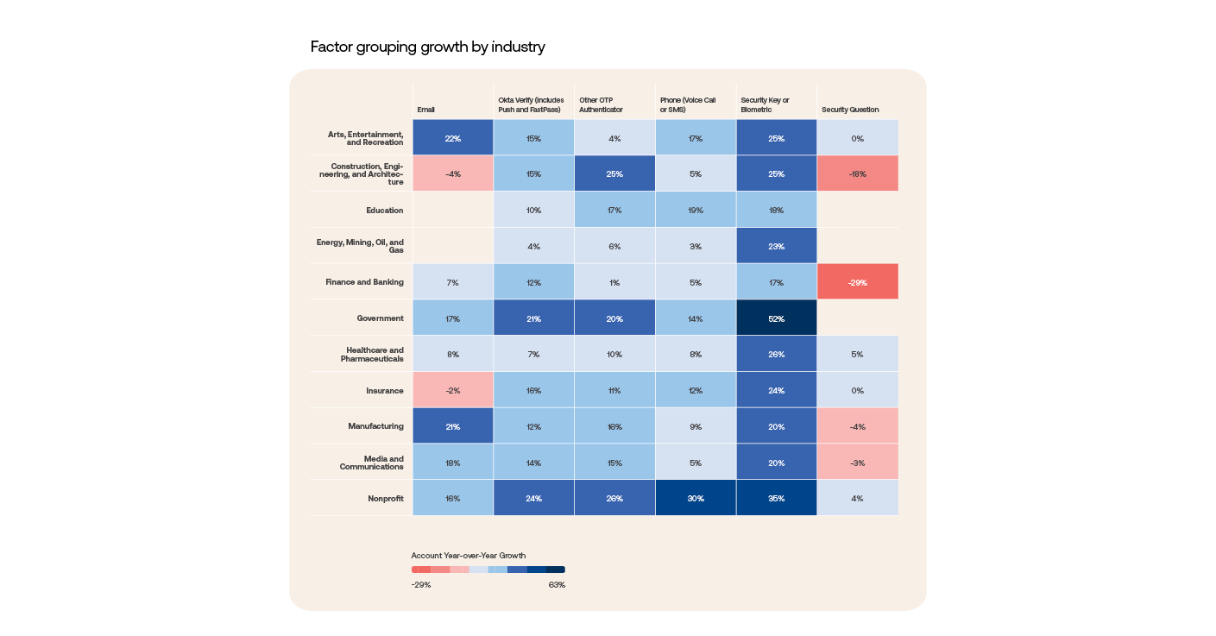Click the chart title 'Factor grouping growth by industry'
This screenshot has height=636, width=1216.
tap(427, 47)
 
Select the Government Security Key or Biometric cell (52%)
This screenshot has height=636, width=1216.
tap(776, 318)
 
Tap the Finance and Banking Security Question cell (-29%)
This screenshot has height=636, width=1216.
tap(857, 282)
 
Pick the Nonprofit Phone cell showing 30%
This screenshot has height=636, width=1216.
tap(696, 498)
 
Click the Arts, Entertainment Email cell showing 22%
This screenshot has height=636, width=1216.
tap(452, 138)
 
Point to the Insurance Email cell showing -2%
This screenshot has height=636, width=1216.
tap(452, 390)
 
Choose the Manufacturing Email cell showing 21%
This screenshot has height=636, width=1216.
tap(452, 426)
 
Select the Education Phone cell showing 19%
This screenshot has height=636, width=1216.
tap(696, 211)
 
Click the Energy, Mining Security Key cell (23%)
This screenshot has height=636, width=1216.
tap(776, 246)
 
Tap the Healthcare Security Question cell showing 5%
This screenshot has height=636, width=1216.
tap(857, 354)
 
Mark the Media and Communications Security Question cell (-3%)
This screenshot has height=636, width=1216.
tap(857, 463)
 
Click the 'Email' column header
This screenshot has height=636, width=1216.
tap(426, 110)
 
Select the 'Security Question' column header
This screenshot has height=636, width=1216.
tap(850, 110)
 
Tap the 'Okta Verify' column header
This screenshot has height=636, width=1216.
tap(530, 104)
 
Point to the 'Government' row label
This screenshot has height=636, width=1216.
tap(380, 318)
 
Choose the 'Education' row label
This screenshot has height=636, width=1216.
tap(384, 211)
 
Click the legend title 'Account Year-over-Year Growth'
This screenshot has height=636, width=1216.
tap(469, 556)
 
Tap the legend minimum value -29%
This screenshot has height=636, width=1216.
tap(421, 585)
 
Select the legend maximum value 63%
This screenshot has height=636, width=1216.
tap(557, 585)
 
